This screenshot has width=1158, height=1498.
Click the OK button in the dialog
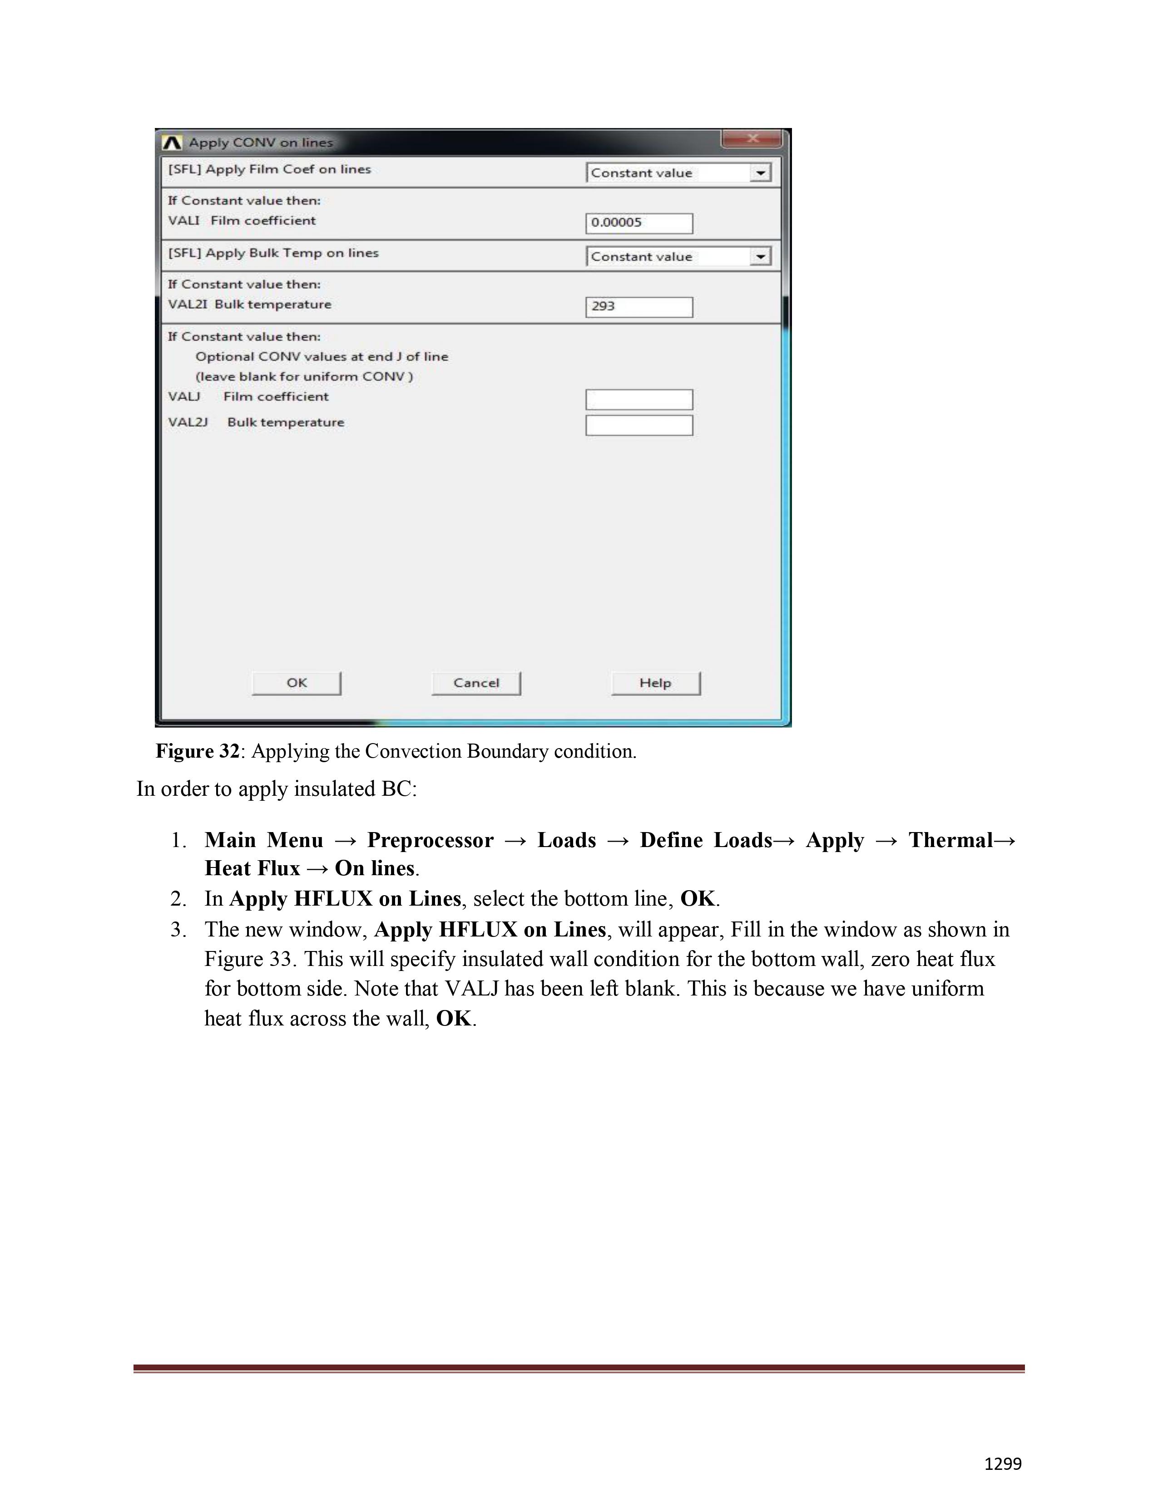[297, 683]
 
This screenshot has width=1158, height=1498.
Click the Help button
[655, 683]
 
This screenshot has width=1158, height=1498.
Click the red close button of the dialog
[751, 139]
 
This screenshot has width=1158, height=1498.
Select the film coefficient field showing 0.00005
[638, 223]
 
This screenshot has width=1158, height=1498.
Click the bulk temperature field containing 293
[638, 306]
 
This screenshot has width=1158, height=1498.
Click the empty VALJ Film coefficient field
[638, 399]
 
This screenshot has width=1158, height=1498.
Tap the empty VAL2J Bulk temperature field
[638, 425]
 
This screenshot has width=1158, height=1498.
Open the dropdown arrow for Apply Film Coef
[759, 173]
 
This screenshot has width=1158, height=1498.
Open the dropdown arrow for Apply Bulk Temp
[759, 257]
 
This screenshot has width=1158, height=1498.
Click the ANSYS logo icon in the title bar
[172, 143]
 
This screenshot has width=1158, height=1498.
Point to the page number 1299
[1002, 1464]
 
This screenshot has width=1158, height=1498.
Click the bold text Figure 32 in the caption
[197, 751]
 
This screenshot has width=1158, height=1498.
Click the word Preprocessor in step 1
[430, 840]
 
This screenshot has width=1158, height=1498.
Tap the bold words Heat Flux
[252, 868]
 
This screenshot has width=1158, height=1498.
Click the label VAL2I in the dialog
[187, 305]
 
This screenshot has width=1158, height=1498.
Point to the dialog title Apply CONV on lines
[261, 143]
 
